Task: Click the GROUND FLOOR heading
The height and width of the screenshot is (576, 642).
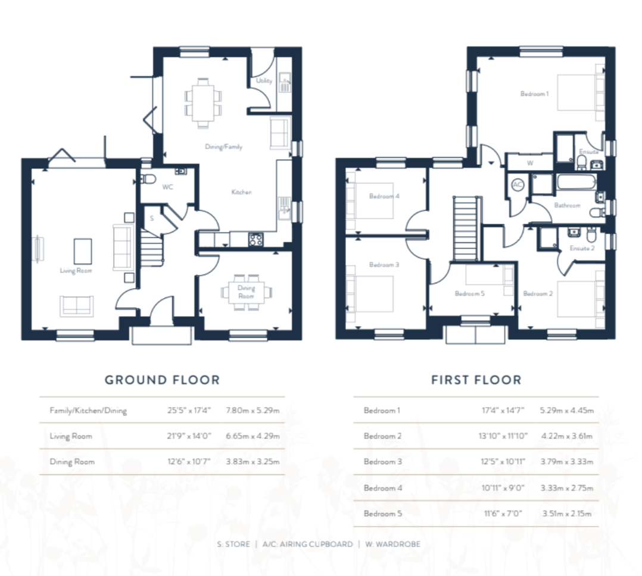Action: [163, 380]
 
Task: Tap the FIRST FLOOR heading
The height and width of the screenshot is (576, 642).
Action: [476, 380]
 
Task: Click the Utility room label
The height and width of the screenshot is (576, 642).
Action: [264, 80]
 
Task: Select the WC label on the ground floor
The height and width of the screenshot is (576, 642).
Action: [167, 187]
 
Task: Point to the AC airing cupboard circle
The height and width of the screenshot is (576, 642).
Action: [518, 184]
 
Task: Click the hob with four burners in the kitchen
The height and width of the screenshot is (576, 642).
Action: [256, 239]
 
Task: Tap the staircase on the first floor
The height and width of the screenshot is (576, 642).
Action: [466, 228]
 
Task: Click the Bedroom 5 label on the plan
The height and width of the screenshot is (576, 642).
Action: [470, 293]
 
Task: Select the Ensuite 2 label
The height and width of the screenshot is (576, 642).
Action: [582, 248]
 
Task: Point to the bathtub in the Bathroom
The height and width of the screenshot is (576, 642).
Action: [576, 181]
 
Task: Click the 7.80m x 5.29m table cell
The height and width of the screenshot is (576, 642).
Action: [253, 411]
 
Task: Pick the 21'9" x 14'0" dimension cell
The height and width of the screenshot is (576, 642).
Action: [189, 436]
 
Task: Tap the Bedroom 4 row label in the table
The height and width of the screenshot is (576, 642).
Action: [383, 488]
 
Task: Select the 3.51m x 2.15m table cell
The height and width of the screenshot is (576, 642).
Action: [567, 514]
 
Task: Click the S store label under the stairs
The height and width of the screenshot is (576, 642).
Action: [152, 218]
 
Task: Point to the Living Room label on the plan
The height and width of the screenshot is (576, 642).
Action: [76, 270]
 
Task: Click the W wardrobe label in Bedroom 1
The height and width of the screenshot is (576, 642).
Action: [530, 163]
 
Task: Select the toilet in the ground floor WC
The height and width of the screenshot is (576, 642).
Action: [148, 179]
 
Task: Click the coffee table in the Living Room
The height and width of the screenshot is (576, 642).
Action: [83, 251]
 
